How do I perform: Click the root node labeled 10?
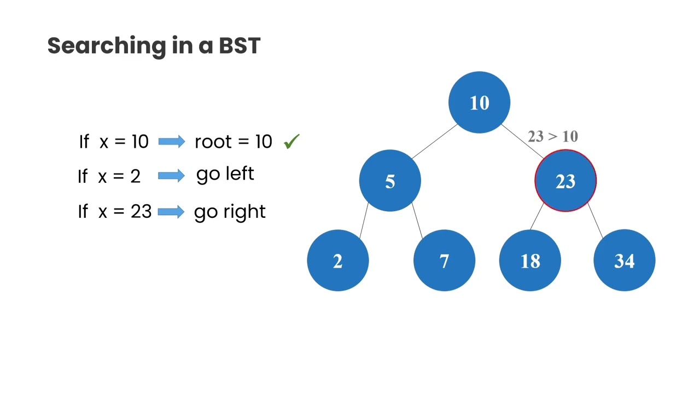pos(479,102)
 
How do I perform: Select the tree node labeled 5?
pos(390,181)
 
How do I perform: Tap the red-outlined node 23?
pos(565,181)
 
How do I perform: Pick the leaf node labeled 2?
pos(337,261)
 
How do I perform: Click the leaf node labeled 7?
pos(444,261)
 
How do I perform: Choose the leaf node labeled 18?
pos(530,261)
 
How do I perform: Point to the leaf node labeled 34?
pos(624,261)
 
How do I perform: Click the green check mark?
pos(291,142)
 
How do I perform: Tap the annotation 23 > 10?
pos(552,136)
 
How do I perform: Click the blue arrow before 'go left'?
pos(171,176)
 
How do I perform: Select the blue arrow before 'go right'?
pos(171,212)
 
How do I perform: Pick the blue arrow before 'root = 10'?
pos(171,142)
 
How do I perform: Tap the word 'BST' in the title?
pos(240,46)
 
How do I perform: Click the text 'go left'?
pos(225,175)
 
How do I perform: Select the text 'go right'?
pos(230,212)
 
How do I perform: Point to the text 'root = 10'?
pos(233,142)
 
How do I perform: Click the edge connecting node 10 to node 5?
pos(434,142)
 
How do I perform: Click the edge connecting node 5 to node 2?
pos(364,221)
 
